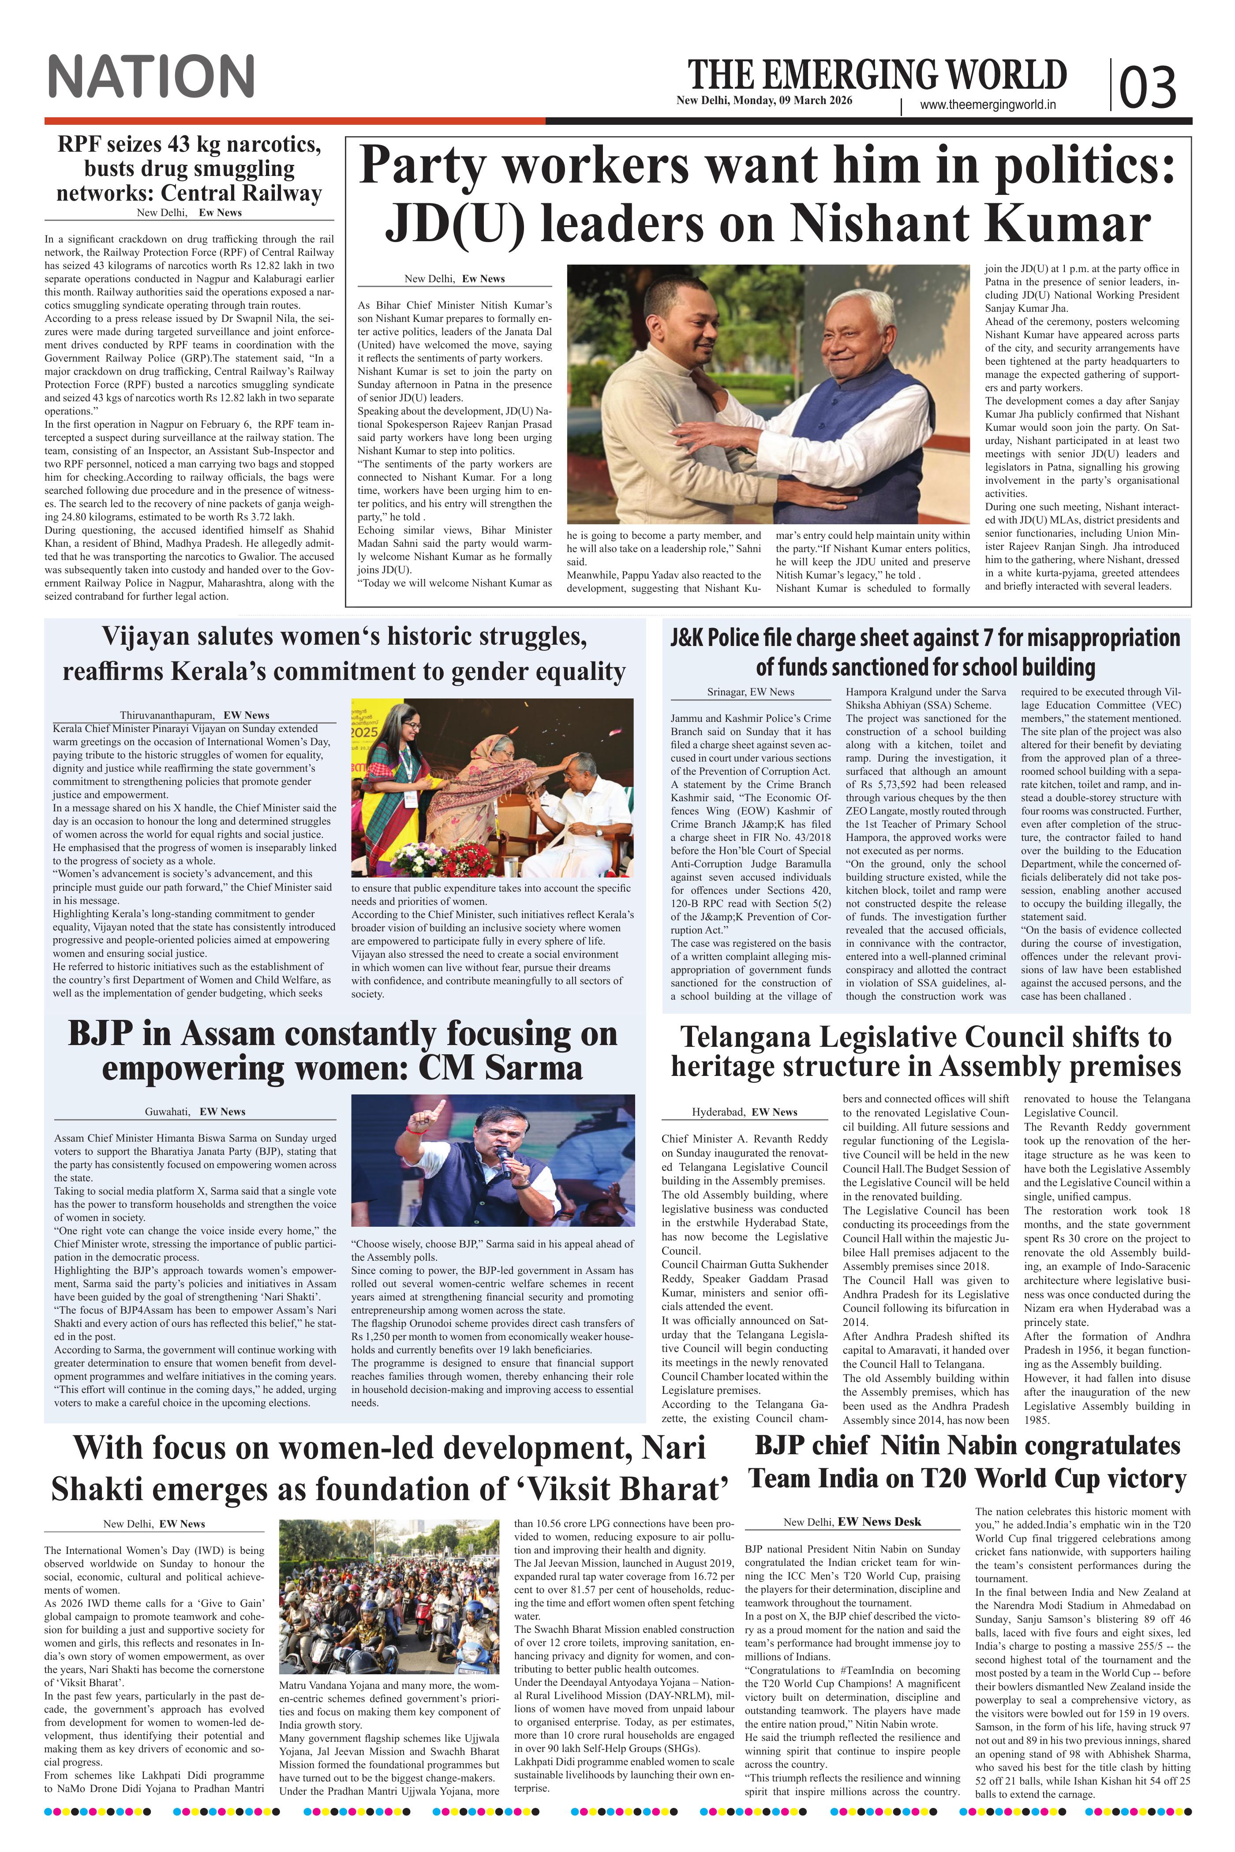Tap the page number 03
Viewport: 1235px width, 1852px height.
click(1148, 86)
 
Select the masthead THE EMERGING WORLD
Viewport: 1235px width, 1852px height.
click(877, 75)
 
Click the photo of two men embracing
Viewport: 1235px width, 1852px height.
click(768, 394)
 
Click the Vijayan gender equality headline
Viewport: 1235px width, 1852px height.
click(344, 653)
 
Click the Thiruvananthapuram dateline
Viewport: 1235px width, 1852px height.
click(195, 715)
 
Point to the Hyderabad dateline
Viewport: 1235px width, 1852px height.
click(745, 1112)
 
